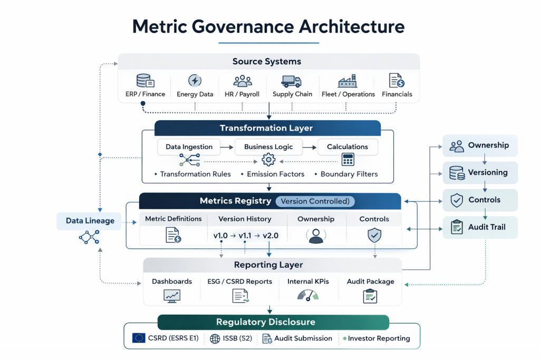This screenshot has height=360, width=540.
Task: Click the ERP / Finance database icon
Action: click(145, 81)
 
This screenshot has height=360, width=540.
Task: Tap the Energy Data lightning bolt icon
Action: click(195, 81)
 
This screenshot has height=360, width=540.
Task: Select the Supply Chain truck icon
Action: click(291, 81)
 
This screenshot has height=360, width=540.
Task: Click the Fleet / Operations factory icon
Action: click(348, 81)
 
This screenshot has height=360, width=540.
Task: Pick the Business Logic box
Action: click(268, 147)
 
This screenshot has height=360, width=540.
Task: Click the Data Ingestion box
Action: click(189, 147)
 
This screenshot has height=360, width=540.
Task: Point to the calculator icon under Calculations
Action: click(348, 159)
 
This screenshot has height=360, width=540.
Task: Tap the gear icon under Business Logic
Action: click(268, 159)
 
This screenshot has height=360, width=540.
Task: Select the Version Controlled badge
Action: click(315, 201)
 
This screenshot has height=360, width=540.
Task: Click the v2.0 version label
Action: click(269, 236)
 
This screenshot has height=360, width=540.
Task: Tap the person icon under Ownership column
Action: click(316, 236)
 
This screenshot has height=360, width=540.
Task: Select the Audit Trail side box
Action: click(480, 227)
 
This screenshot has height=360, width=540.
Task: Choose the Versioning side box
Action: click(480, 172)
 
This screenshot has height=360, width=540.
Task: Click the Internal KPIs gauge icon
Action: click(308, 296)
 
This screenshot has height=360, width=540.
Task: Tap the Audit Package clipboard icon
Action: click(370, 296)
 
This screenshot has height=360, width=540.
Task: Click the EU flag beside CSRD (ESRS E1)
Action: click(139, 338)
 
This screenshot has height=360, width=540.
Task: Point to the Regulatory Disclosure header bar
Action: click(273, 322)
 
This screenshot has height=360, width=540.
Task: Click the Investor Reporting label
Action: click(379, 338)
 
